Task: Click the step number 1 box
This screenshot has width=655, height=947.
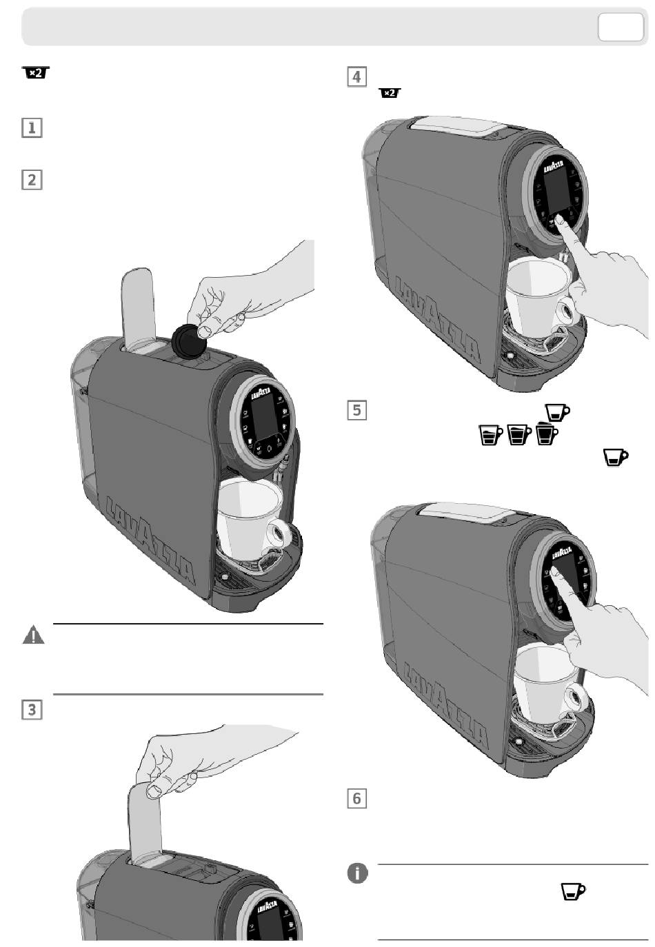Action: click(x=32, y=128)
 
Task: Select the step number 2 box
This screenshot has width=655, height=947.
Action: click(x=32, y=180)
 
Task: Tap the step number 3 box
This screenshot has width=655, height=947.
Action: click(x=32, y=709)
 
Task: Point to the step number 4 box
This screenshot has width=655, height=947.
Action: click(x=356, y=77)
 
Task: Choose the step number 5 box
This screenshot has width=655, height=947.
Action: click(x=356, y=410)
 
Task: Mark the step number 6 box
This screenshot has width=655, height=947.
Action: click(x=356, y=798)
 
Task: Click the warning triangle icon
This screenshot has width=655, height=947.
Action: click(x=33, y=635)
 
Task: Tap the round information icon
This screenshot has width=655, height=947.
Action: click(x=357, y=873)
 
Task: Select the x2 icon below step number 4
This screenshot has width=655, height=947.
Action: click(x=390, y=92)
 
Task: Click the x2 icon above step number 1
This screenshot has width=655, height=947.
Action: click(x=36, y=73)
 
